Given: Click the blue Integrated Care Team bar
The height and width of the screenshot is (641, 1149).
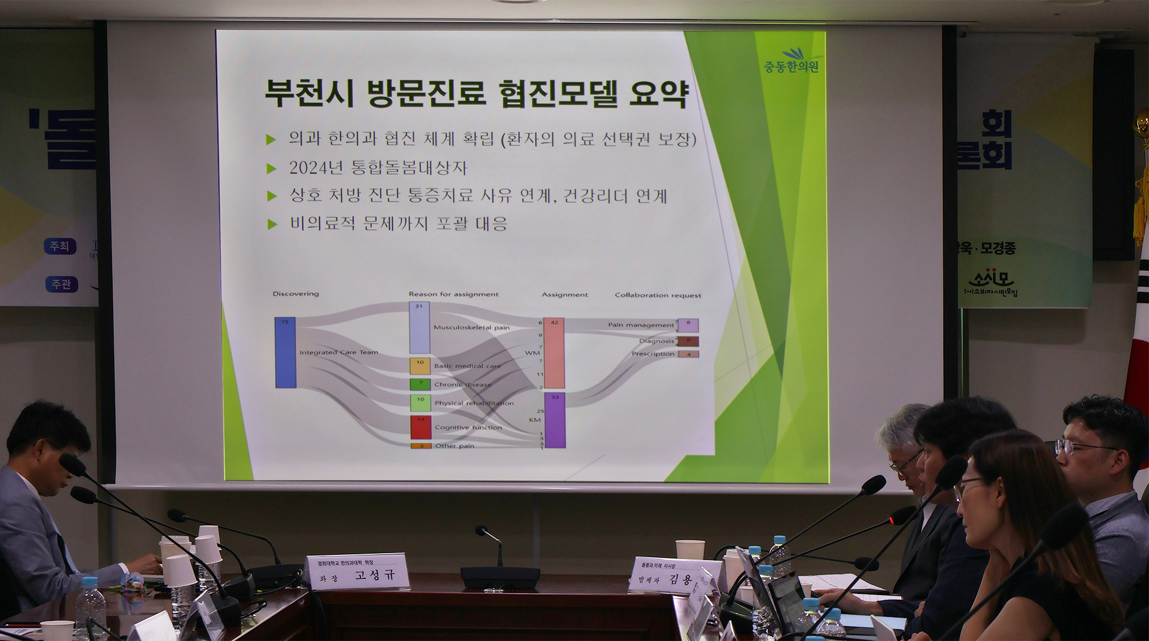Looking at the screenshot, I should click(286, 352).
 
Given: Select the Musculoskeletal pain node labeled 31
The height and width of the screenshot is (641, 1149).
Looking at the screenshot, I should click(419, 328).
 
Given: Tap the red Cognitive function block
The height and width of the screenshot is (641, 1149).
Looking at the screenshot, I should click(421, 427).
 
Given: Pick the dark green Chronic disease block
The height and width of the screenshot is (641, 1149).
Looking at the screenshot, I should click(420, 384).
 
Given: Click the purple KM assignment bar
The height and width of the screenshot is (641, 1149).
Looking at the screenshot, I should click(555, 420).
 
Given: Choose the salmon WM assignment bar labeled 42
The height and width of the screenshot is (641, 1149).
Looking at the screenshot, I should click(554, 353).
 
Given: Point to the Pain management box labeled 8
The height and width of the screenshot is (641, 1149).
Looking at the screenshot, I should click(688, 325).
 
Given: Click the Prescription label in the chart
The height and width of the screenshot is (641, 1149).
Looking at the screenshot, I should click(653, 354).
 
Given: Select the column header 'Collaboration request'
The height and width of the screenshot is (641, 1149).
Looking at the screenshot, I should click(658, 295).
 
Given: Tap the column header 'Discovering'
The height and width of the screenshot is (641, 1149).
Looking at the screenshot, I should click(295, 294).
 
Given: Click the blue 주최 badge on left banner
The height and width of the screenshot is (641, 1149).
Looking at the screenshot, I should click(59, 246).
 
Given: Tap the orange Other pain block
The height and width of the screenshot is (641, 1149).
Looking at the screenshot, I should click(421, 446).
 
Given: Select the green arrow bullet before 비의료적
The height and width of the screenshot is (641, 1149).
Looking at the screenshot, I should click(272, 224).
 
